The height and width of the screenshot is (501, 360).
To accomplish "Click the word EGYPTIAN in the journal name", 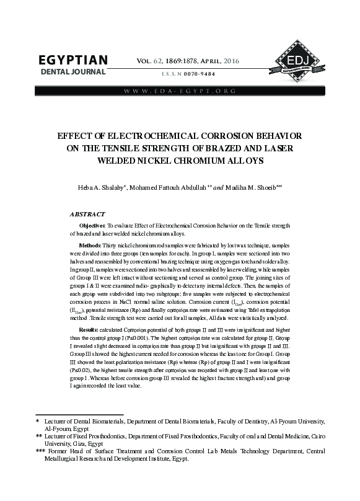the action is pyautogui.click(x=74, y=61).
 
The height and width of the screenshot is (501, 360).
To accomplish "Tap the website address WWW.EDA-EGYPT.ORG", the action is pyautogui.click(x=180, y=92).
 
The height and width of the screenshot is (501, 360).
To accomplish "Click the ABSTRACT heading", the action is pyautogui.click(x=87, y=213).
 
